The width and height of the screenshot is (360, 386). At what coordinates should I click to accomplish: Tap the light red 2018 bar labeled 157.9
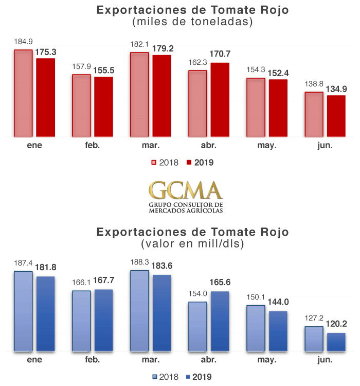pos(81,106)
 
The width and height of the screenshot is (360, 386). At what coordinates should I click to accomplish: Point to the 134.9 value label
pos(336,89)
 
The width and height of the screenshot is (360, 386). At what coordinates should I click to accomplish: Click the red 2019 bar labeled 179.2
pos(161,96)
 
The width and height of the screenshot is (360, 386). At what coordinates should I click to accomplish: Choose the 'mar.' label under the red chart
pos(151,145)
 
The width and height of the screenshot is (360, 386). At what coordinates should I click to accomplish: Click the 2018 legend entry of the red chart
pos(165,163)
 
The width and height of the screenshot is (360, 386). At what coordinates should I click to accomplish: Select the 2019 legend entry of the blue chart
pos(199,377)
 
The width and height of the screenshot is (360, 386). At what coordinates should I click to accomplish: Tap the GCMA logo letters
pos(186,190)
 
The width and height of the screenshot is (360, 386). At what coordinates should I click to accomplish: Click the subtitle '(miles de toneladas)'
pos(193,22)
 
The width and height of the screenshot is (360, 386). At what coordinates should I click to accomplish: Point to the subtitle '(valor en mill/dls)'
pos(193,242)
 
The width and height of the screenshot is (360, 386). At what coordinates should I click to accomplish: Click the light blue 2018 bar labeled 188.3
pos(139,311)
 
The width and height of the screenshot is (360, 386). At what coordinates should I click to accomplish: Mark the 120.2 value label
pos(336,325)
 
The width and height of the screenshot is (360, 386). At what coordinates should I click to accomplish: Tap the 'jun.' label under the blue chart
pos(325,359)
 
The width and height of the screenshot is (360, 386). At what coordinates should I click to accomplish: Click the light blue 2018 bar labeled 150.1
pos(256,328)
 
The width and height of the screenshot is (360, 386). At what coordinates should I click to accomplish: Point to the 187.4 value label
pos(23,263)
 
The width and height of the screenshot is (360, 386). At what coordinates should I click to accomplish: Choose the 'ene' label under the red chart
pos(34,145)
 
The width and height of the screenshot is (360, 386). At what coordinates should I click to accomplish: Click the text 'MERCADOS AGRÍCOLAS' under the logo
pos(186,210)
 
